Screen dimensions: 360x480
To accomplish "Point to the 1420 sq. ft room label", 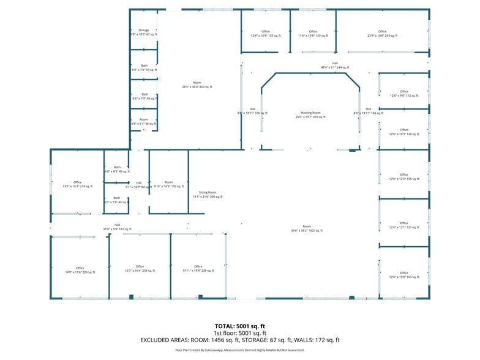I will point(306,228).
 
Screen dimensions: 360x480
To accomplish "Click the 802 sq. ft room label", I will point(197,84).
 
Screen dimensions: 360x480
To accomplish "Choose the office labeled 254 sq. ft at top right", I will point(382,34).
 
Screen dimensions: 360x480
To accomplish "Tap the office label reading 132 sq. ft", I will point(265,34).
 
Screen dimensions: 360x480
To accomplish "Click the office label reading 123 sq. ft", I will point(313,34).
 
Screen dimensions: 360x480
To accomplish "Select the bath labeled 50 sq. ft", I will point(144,68).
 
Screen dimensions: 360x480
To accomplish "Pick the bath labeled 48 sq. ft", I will point(144,97).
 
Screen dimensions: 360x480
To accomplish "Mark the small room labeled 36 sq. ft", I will point(144,122).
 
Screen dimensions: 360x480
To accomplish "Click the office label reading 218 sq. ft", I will point(77,184).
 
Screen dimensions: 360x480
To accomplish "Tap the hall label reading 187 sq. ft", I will point(117,227).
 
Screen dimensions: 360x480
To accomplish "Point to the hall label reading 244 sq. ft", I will point(335,65).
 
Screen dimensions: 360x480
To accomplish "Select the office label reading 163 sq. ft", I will point(404,275).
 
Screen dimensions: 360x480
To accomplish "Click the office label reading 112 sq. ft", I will point(404,93).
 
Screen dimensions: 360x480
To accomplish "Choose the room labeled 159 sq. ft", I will point(168,184).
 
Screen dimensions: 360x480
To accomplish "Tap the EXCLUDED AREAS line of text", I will point(239,340).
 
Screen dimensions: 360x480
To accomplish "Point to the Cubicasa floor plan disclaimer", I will point(239,350).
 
